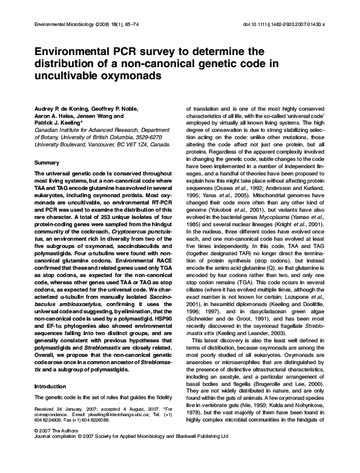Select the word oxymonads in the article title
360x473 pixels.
click(x=131, y=77)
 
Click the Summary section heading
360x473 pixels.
click(x=47, y=163)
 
